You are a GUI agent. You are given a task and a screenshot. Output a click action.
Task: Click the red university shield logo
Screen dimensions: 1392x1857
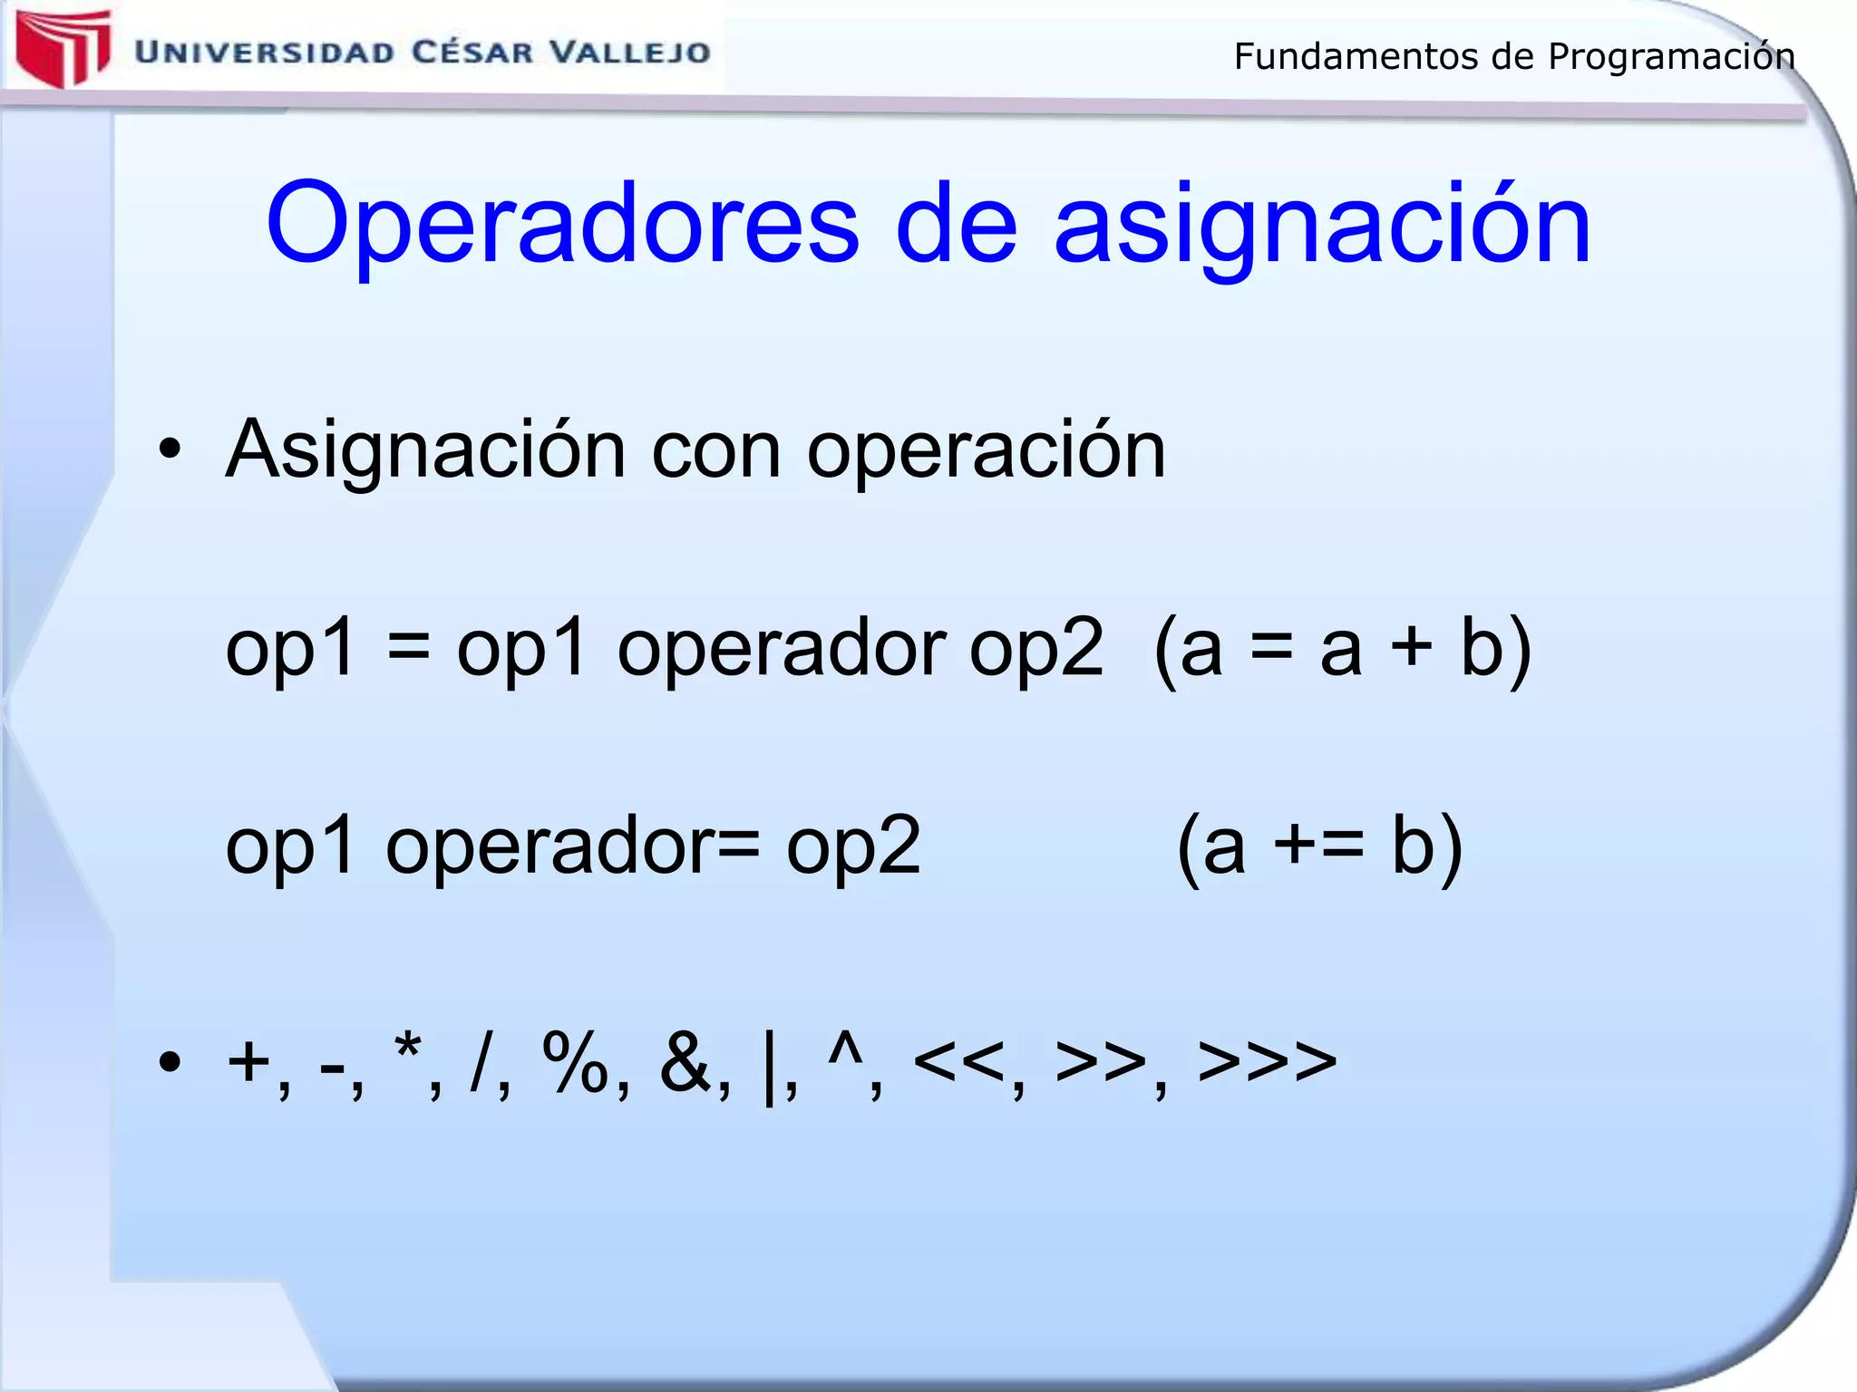[x=63, y=47]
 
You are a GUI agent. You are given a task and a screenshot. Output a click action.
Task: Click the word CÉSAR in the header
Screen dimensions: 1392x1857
[x=472, y=53]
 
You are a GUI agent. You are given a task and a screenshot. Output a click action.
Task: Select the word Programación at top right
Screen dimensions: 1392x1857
[x=1671, y=57]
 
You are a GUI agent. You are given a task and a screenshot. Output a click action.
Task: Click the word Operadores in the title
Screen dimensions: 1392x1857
[x=562, y=225]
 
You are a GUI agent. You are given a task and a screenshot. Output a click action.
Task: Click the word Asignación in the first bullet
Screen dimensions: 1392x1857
[x=426, y=450]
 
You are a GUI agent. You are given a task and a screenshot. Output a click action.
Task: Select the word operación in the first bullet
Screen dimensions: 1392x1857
[x=986, y=450]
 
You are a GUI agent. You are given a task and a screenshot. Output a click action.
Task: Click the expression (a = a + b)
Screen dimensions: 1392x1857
[x=1342, y=649]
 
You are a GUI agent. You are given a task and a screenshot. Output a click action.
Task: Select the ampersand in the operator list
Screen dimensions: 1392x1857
[x=685, y=1062]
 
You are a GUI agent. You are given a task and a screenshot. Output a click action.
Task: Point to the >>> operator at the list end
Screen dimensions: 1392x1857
[x=1267, y=1062]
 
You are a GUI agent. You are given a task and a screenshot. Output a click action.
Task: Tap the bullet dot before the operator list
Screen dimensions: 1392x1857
[x=170, y=1062]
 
